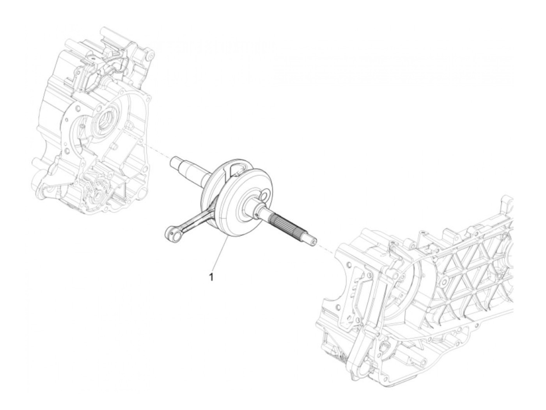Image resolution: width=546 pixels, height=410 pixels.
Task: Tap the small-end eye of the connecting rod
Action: pyautogui.click(x=170, y=233)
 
